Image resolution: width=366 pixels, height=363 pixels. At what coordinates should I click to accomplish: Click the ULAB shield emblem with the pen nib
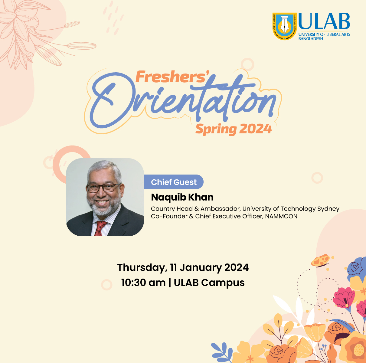pos(285,26)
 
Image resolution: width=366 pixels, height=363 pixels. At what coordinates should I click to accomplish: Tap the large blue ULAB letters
pos(324,21)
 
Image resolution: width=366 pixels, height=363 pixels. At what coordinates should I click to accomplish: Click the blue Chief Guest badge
pos(174,182)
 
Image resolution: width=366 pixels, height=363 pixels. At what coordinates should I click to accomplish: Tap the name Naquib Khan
pos(182,197)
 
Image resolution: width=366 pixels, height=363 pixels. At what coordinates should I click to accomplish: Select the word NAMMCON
pos(281,216)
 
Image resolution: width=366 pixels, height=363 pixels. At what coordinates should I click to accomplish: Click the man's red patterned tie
pos(100,228)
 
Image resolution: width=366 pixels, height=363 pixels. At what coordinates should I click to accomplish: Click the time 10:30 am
pos(143,283)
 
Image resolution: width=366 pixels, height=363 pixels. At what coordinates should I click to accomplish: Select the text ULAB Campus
pos(209,283)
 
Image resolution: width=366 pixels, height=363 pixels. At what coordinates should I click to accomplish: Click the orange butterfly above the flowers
pos(320,261)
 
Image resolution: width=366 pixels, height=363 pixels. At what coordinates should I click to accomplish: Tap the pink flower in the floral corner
pos(344,298)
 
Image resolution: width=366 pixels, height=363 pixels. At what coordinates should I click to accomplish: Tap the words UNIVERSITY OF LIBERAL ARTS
pos(324,34)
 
